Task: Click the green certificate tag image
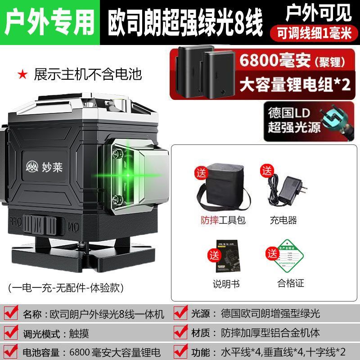click(283, 260)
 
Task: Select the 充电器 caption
click(283, 220)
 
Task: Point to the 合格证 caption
click(291, 283)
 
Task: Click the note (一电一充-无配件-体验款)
click(66, 286)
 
